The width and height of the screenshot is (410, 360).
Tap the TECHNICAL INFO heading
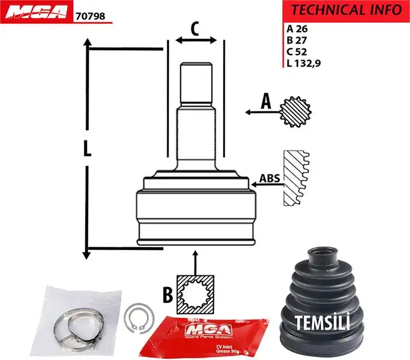[346, 10]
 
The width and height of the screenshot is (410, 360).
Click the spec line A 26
[297, 28]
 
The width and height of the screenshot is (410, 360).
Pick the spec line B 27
[297, 40]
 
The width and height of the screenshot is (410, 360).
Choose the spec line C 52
[297, 52]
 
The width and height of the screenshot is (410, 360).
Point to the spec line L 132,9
[304, 64]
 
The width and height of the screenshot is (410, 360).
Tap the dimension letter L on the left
[87, 149]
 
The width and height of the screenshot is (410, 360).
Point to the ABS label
[269, 179]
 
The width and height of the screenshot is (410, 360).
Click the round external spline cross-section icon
[295, 111]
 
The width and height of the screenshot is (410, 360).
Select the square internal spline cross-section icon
[195, 293]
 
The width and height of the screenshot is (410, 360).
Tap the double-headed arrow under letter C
[196, 41]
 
